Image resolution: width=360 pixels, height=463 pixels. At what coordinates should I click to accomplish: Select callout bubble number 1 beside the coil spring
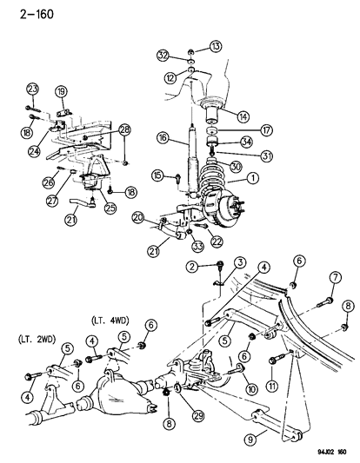[x=252, y=179]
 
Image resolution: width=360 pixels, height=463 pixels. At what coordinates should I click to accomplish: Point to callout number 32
[x=163, y=56]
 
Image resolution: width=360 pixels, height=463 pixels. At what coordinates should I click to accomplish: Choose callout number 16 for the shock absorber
[x=162, y=137]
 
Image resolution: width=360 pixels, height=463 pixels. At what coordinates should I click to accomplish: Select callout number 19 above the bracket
[x=62, y=91]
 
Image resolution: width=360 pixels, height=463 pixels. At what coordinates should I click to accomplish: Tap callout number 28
[x=125, y=129]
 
